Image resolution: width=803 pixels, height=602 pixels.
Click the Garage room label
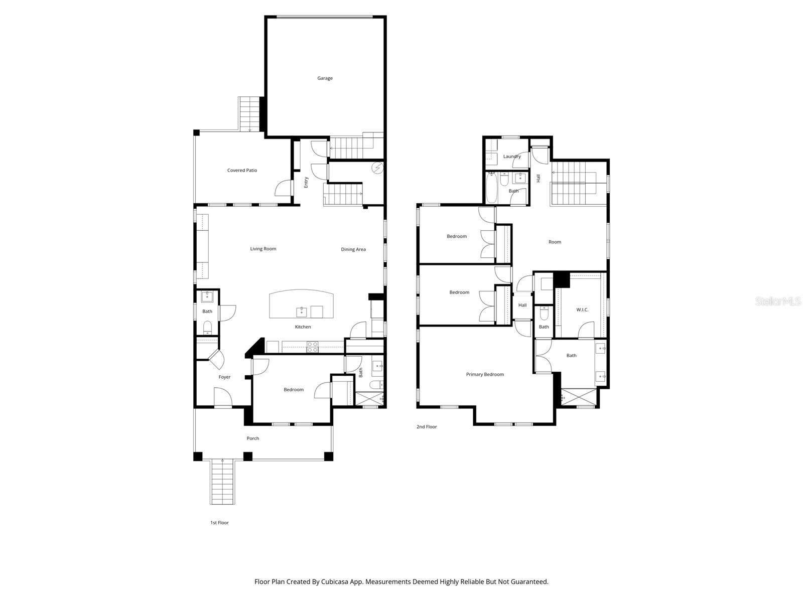(x=325, y=78)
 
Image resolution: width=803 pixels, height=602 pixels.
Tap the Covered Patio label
(x=242, y=171)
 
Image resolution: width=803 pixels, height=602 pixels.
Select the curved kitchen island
(x=301, y=304)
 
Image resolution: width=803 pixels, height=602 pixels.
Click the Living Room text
(x=263, y=249)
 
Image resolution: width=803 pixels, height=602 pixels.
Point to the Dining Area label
(x=353, y=249)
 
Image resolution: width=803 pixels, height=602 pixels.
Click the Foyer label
(x=224, y=377)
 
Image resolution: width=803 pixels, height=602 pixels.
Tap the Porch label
(x=253, y=438)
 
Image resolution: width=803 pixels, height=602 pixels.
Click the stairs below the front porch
(x=222, y=482)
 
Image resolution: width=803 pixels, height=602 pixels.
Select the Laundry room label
(x=512, y=157)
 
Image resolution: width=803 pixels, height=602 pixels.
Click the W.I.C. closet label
(x=582, y=310)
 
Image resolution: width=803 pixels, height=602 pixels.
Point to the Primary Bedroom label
(x=485, y=375)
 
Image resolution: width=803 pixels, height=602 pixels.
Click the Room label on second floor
(x=555, y=242)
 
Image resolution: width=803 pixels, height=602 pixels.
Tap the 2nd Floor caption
(x=427, y=427)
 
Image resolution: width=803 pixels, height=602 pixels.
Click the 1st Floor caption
(x=219, y=523)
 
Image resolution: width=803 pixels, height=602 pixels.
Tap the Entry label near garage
(x=306, y=182)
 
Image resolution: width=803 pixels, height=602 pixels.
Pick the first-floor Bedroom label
(x=294, y=390)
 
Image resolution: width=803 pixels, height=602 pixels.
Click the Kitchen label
(x=303, y=327)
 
